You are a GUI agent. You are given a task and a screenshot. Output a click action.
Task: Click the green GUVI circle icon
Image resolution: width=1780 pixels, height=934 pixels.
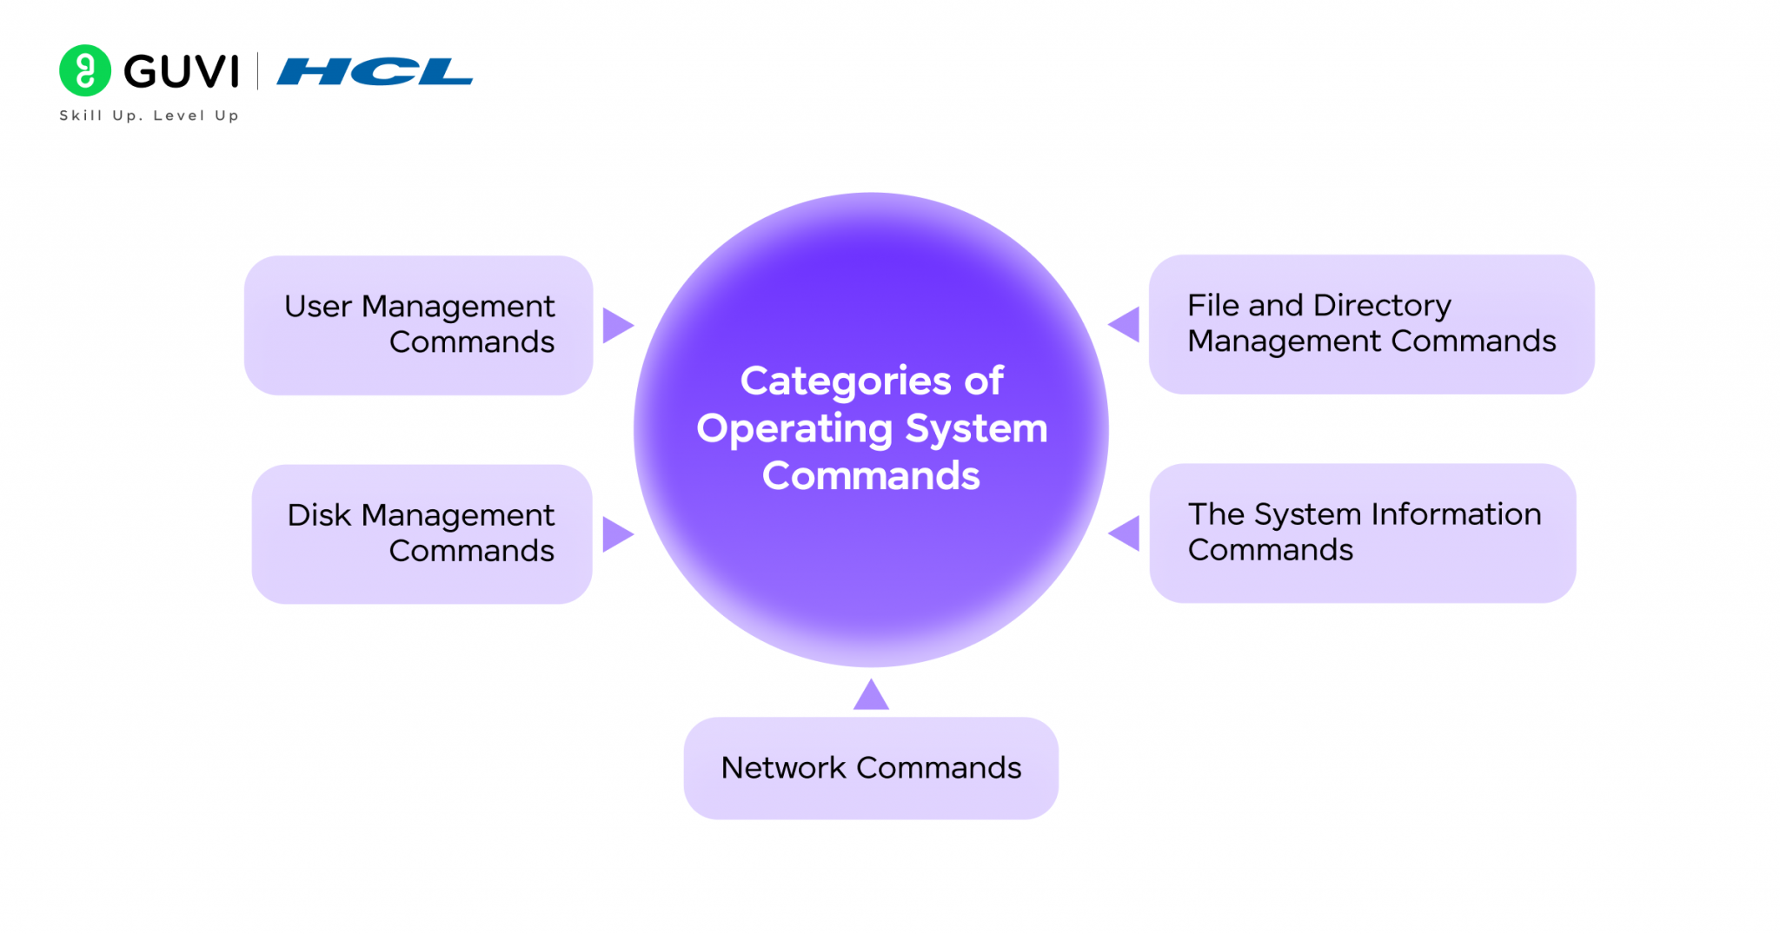(85, 70)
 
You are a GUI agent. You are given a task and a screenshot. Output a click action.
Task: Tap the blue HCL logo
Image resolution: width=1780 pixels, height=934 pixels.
(375, 71)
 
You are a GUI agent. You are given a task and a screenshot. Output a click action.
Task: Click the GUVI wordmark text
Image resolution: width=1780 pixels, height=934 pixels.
(181, 71)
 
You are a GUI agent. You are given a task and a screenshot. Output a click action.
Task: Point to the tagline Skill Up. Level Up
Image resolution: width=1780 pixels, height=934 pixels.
(149, 116)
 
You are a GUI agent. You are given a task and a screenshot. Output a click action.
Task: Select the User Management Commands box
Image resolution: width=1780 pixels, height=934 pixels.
(418, 325)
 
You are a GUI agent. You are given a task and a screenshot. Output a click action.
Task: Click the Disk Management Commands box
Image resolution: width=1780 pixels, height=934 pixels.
(422, 533)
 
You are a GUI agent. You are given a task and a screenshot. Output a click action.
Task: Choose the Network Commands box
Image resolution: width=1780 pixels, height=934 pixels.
(871, 768)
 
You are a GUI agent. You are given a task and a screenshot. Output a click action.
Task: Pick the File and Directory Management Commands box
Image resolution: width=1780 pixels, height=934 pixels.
(1371, 324)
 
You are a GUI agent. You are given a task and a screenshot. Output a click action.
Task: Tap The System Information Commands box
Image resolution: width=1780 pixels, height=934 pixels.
(1362, 533)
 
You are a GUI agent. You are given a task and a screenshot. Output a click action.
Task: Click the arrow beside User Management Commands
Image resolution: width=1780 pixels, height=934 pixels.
(616, 325)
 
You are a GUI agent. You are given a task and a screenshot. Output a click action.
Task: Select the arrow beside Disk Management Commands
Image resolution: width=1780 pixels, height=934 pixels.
(616, 534)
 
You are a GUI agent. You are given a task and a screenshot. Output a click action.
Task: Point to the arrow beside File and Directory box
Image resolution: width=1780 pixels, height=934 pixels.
(1126, 324)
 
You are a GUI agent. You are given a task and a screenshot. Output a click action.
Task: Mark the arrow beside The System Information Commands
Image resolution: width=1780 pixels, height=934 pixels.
(1126, 533)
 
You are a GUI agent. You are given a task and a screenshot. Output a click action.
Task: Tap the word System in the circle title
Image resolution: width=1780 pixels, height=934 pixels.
(976, 428)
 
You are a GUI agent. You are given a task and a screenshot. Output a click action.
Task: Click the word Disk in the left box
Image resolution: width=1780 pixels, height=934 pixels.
(319, 515)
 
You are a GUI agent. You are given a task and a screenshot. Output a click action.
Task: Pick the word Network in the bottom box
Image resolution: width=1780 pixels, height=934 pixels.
(783, 768)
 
